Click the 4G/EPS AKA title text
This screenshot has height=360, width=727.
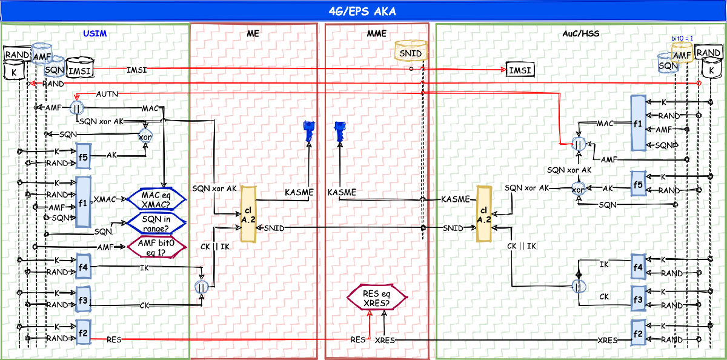[x=363, y=12]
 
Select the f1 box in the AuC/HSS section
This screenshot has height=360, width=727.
[x=638, y=122]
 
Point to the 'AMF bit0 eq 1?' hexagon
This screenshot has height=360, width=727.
[x=154, y=247]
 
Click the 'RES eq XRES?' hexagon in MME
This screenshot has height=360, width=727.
[x=376, y=298]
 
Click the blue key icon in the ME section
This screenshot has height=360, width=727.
[x=307, y=131]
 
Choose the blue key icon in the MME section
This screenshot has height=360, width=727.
[x=339, y=131]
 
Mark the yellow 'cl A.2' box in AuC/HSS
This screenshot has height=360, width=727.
[x=483, y=214]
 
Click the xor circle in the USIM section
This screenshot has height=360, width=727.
[x=145, y=135]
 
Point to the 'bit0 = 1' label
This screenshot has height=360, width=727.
[x=682, y=38]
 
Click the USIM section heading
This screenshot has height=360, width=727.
[x=95, y=34]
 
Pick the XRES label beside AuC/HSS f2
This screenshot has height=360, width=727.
[x=607, y=341]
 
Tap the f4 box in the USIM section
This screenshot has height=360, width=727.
[x=84, y=265]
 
